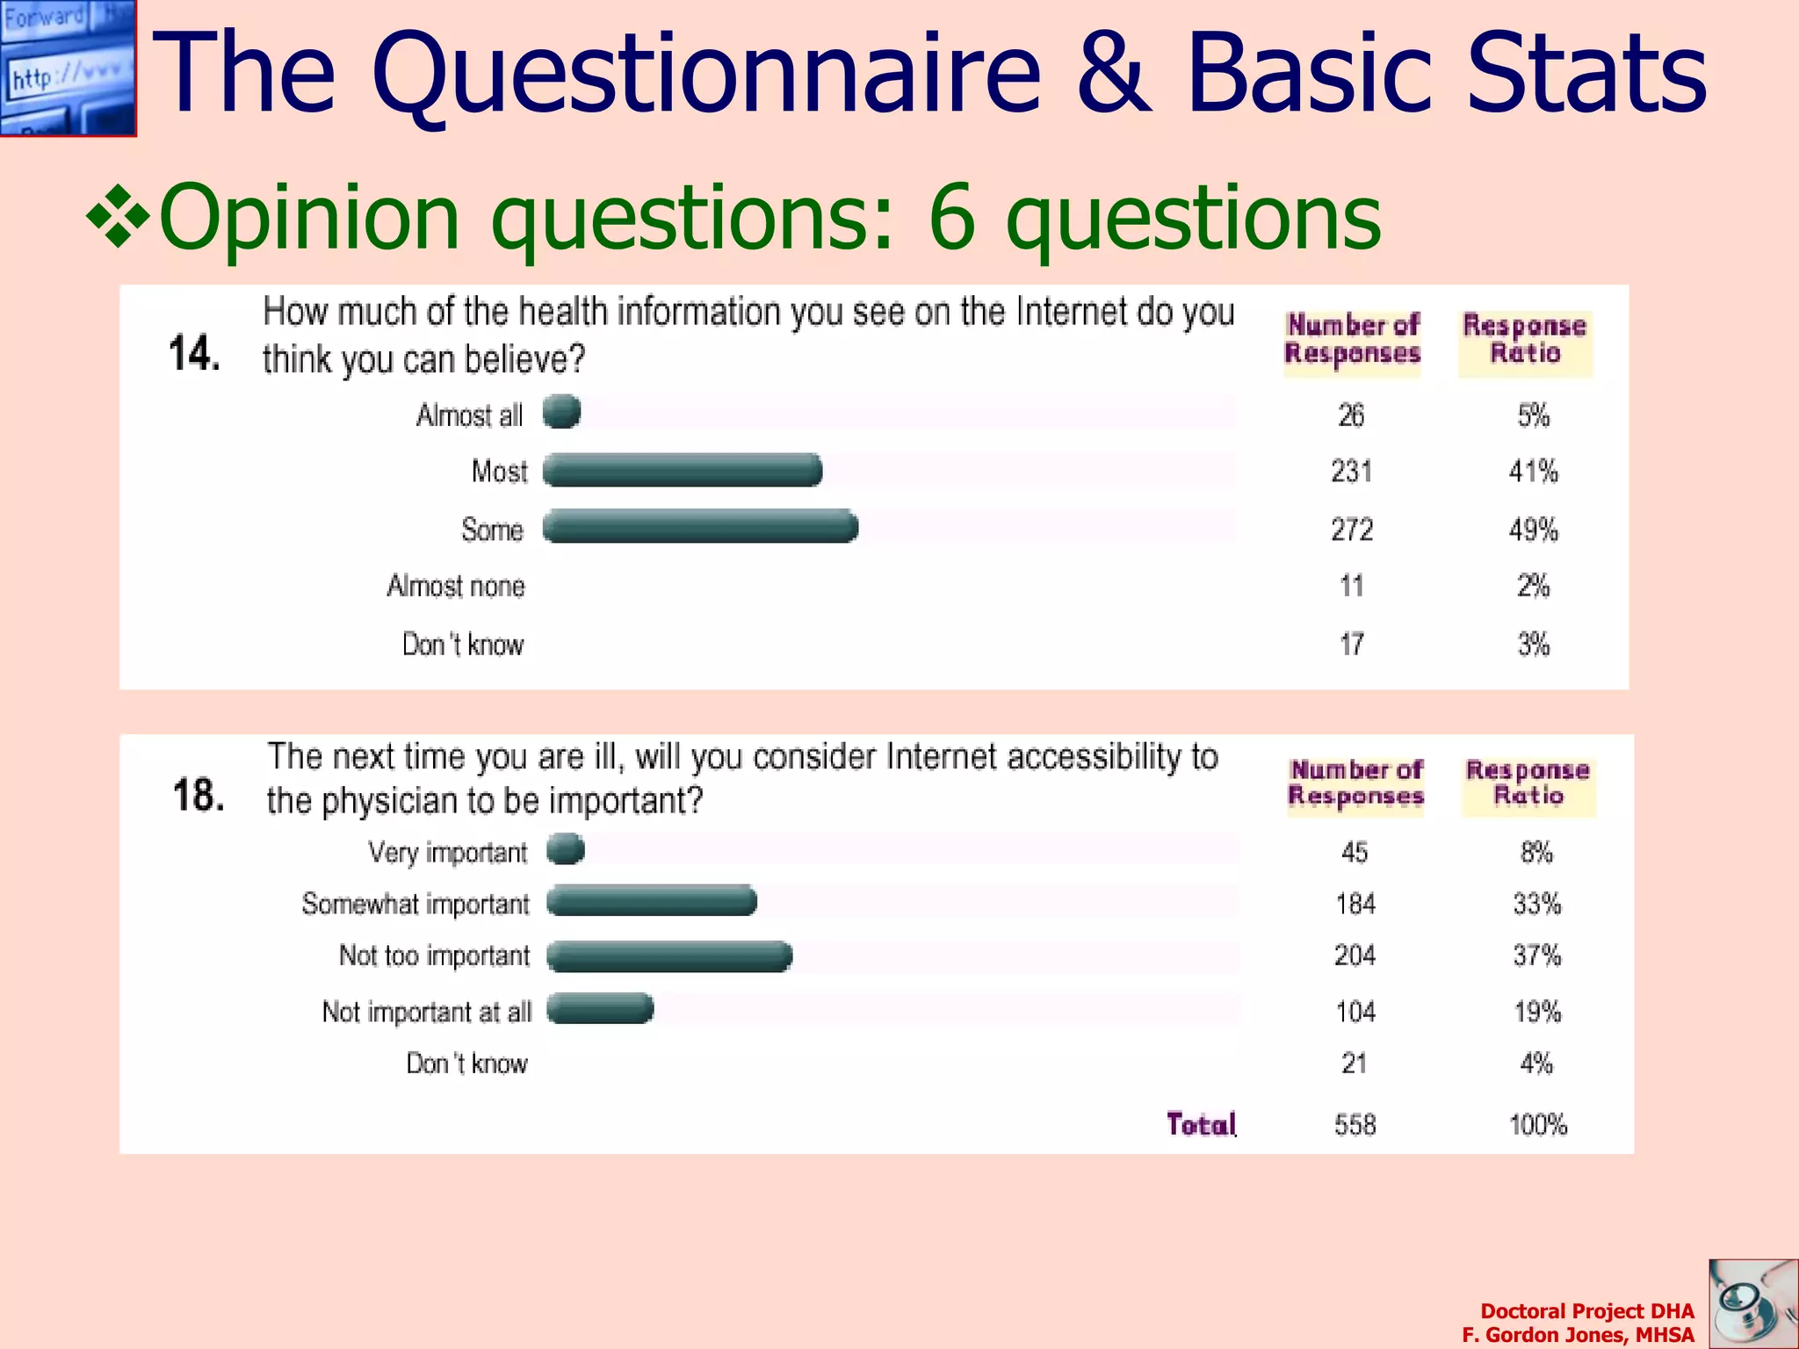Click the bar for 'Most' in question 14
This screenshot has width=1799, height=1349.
(x=683, y=471)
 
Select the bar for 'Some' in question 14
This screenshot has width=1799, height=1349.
(x=700, y=527)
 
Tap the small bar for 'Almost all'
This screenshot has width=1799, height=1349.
(x=561, y=412)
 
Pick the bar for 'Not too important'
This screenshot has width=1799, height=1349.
(x=669, y=956)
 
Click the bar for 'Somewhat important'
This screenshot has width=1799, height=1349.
(x=652, y=901)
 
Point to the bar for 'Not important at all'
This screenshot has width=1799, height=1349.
(x=601, y=1009)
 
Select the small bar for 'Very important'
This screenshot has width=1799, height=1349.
(x=566, y=849)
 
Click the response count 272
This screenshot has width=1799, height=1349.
(x=1352, y=530)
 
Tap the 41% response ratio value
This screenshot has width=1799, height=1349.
(x=1534, y=472)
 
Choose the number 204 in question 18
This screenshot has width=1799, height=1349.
(x=1355, y=956)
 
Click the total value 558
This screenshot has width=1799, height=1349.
(x=1355, y=1125)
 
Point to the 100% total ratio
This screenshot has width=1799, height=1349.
(x=1538, y=1125)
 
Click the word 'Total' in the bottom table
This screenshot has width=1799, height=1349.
(x=1201, y=1124)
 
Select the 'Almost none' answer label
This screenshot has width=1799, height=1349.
(x=456, y=586)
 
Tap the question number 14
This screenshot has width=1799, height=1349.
(x=193, y=354)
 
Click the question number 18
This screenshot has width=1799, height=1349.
(x=199, y=796)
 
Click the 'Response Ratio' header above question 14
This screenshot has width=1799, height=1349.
(x=1525, y=340)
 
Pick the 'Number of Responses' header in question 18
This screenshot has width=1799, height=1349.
(x=1355, y=783)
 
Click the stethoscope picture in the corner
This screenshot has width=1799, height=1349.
(x=1753, y=1304)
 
